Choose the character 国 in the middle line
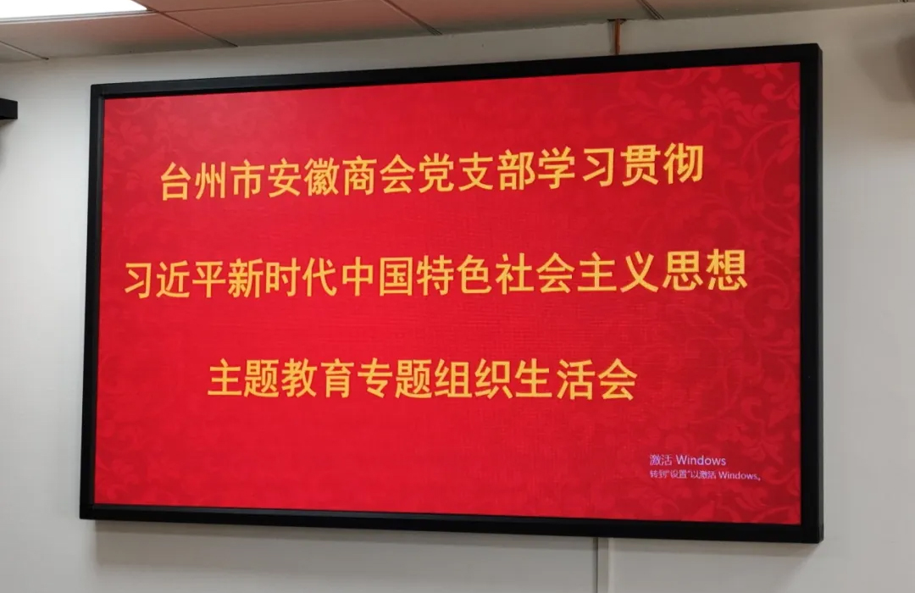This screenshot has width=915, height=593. [x=396, y=275]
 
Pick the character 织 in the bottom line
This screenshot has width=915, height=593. [x=494, y=380]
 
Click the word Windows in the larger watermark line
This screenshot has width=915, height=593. [x=701, y=461]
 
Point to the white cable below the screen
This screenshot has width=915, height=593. [x=598, y=565]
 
